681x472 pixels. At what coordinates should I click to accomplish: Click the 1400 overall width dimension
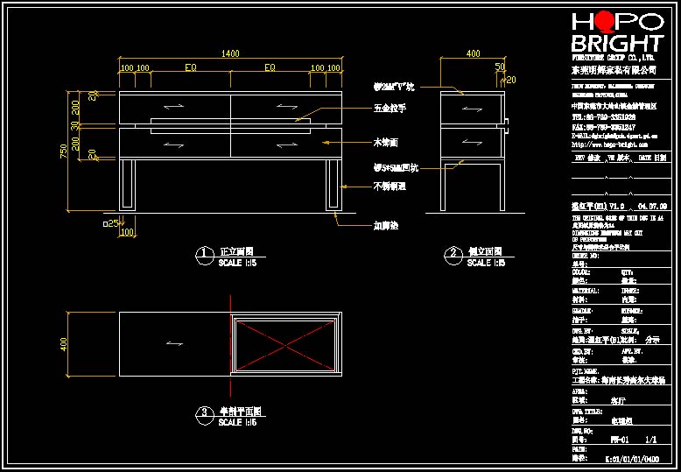click(230, 54)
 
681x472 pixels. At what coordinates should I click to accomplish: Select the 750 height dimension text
click(63, 152)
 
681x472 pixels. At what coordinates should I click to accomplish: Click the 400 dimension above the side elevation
click(473, 54)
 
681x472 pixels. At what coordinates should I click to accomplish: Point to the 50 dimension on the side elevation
click(500, 67)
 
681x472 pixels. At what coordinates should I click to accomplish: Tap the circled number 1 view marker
click(203, 255)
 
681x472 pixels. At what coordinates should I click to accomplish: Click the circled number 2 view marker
click(453, 255)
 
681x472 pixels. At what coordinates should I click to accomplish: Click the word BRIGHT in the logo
click(616, 44)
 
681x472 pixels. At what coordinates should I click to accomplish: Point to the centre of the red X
click(285, 345)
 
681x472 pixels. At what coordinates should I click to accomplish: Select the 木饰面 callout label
click(386, 141)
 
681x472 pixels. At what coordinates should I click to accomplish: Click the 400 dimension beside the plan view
click(63, 345)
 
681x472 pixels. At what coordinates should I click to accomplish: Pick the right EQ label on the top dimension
click(270, 67)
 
